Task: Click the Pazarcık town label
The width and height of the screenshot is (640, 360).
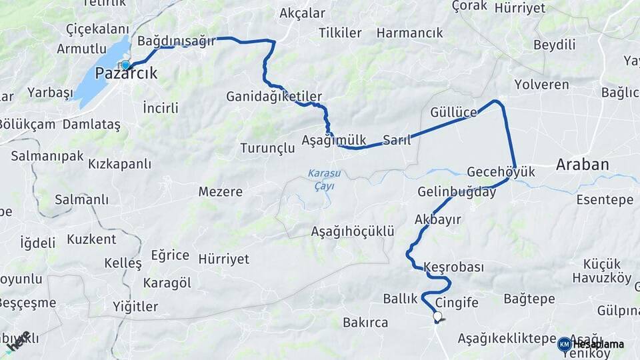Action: click(127, 74)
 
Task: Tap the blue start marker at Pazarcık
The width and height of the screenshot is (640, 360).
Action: click(125, 65)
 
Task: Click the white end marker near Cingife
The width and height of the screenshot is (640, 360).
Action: click(437, 317)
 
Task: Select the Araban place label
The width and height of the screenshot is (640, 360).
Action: click(583, 165)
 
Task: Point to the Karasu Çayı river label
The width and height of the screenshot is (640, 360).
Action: click(323, 179)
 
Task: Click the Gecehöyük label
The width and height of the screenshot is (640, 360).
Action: click(501, 172)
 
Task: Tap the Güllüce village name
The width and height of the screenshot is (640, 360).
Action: click(454, 112)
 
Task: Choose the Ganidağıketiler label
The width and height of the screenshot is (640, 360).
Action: click(274, 96)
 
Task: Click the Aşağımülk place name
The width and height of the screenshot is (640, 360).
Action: click(334, 141)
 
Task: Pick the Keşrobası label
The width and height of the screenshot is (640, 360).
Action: click(453, 267)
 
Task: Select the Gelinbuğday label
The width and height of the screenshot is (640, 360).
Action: click(457, 192)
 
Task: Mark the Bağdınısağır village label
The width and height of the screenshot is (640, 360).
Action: click(176, 41)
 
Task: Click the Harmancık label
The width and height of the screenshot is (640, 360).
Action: click(409, 33)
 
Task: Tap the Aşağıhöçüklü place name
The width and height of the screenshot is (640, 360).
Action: click(353, 231)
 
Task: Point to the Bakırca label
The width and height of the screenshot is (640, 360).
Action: click(365, 323)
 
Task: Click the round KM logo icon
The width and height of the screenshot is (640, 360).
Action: click(564, 344)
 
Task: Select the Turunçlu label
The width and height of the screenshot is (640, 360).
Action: click(267, 148)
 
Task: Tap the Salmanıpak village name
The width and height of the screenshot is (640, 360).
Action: click(47, 156)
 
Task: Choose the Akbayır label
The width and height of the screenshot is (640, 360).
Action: click(438, 219)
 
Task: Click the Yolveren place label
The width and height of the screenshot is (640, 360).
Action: click(542, 85)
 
